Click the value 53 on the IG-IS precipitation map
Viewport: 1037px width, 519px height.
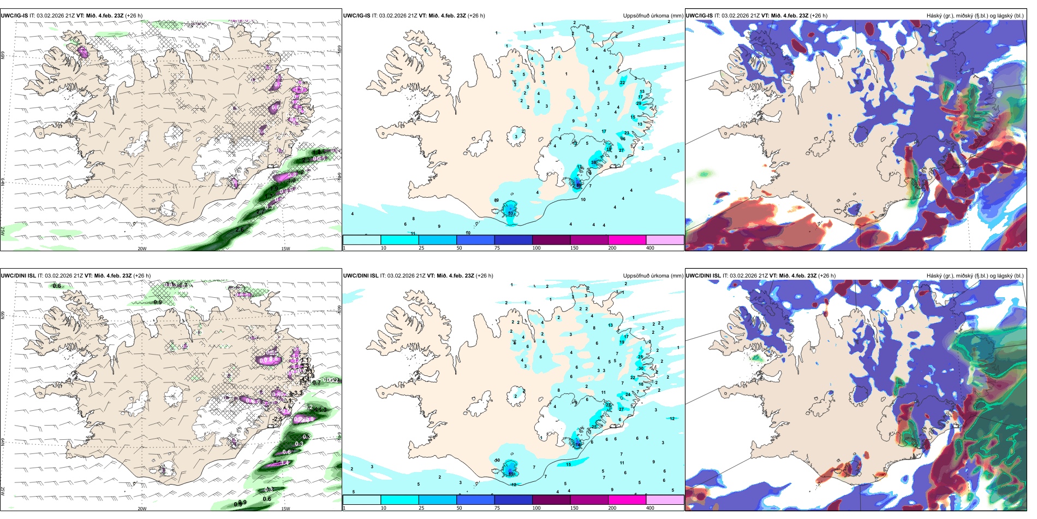click(x=510, y=213)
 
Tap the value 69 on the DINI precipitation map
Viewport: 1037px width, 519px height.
click(x=511, y=474)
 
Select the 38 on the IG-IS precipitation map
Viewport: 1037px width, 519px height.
click(x=594, y=163)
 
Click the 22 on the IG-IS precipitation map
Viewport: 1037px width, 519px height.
click(x=622, y=82)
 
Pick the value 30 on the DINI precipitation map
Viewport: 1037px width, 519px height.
click(x=641, y=368)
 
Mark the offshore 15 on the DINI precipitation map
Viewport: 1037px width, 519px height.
click(x=569, y=464)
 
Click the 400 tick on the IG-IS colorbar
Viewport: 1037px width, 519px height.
click(x=650, y=248)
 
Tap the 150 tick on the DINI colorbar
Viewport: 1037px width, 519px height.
click(x=574, y=508)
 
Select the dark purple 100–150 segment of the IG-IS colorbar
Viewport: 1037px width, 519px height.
click(x=551, y=240)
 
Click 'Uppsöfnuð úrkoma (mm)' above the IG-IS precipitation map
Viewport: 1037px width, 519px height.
click(x=653, y=16)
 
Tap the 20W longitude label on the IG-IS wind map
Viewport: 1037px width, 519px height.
click(x=142, y=249)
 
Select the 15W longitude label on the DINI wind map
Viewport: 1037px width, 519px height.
click(x=285, y=509)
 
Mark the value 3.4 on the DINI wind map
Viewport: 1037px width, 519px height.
click(x=284, y=463)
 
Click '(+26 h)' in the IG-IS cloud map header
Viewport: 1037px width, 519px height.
click(x=819, y=16)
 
